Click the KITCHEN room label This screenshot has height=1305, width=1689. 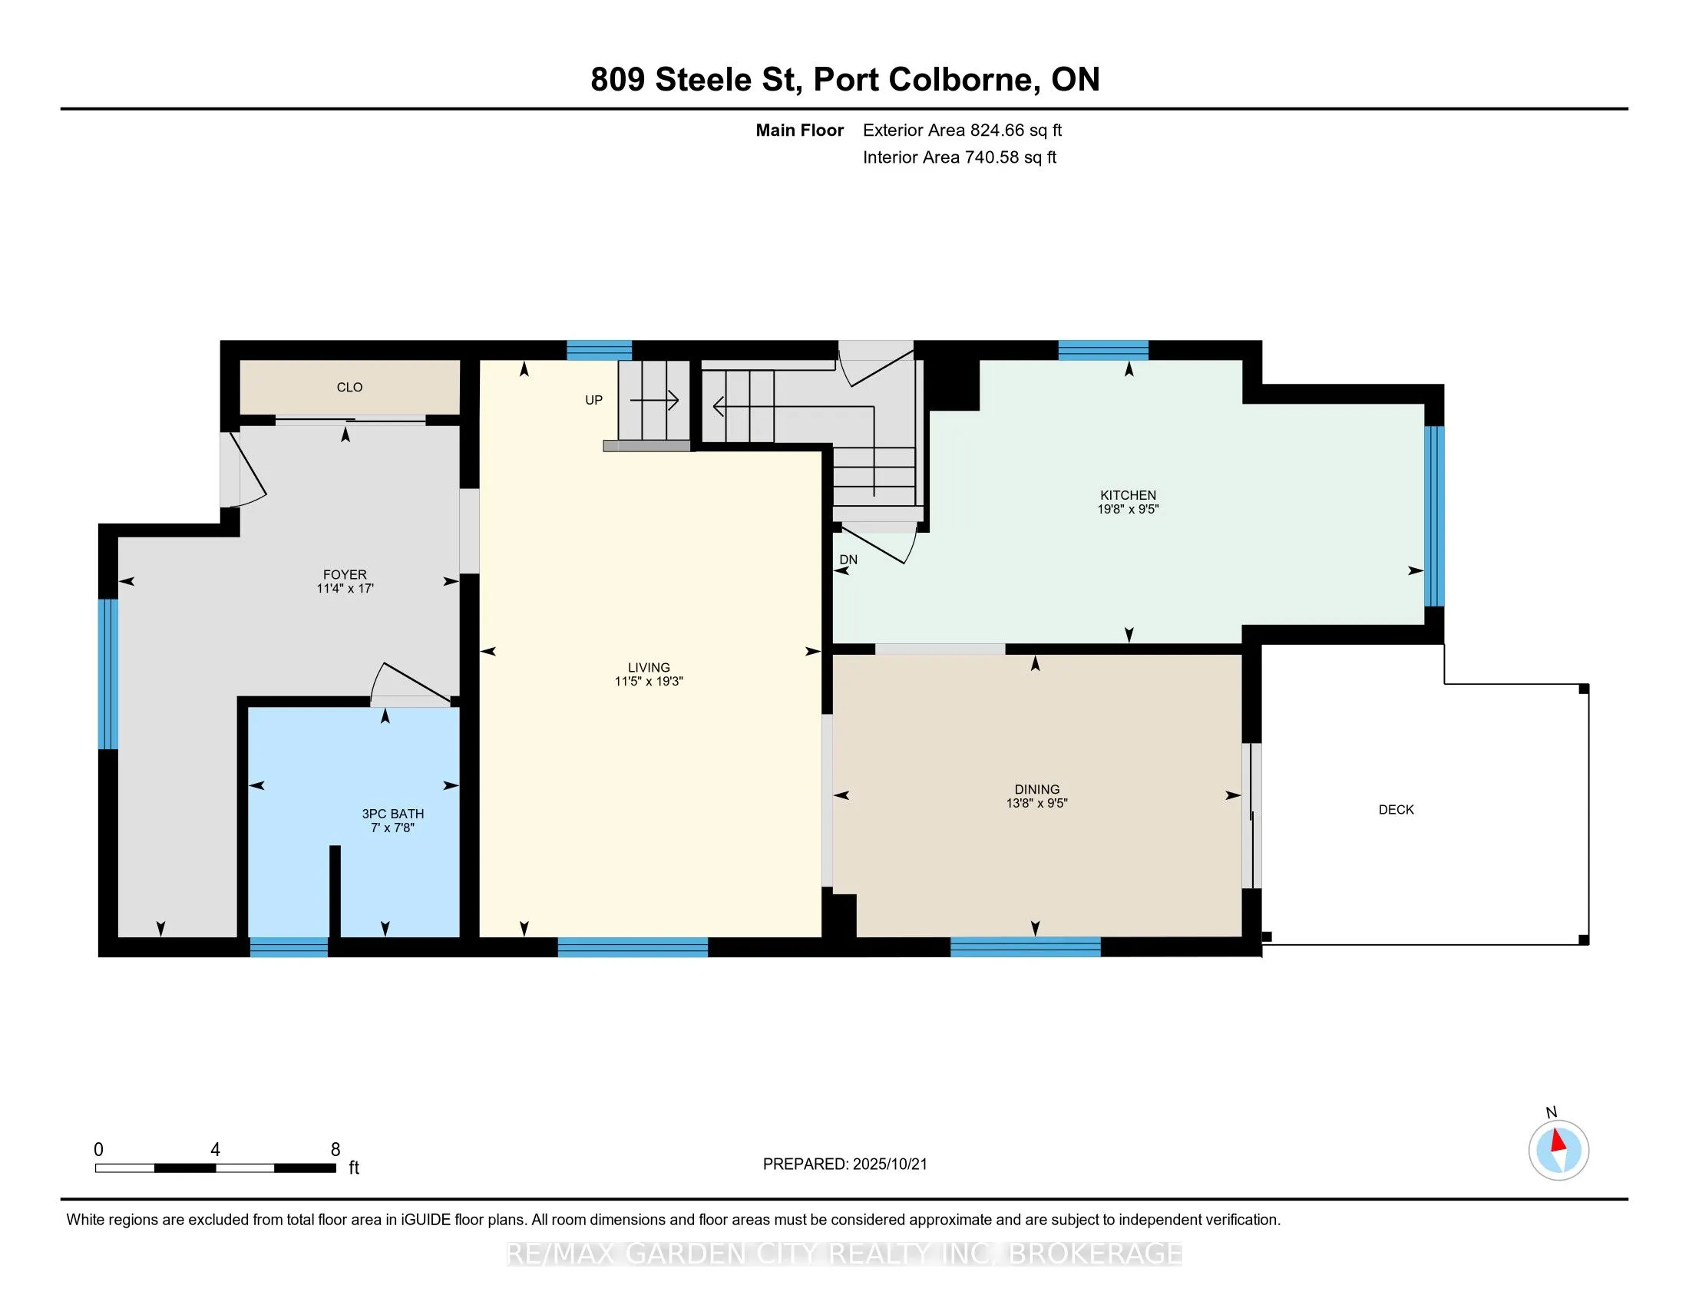tap(1128, 495)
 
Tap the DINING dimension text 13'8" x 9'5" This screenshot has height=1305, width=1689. tap(1036, 803)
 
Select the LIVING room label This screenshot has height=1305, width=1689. tap(649, 667)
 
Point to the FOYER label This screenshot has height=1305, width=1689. tap(345, 574)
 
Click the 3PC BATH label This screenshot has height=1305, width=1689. tap(393, 813)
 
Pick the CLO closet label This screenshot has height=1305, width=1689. tap(349, 388)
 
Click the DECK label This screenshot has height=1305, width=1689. tap(1396, 809)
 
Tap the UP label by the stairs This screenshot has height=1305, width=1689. tap(593, 400)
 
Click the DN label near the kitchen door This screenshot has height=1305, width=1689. tap(848, 560)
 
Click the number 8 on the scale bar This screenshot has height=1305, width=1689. tap(335, 1150)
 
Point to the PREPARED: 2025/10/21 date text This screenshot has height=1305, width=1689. tap(844, 1165)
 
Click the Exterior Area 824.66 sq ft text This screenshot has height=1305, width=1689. tap(962, 130)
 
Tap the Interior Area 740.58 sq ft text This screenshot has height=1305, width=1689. tap(959, 157)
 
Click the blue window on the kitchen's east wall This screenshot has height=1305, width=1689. tap(1434, 517)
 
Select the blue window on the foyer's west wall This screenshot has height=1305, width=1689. tap(107, 674)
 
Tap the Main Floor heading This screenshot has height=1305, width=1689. tap(799, 130)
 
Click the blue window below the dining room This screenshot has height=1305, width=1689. tap(1025, 947)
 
